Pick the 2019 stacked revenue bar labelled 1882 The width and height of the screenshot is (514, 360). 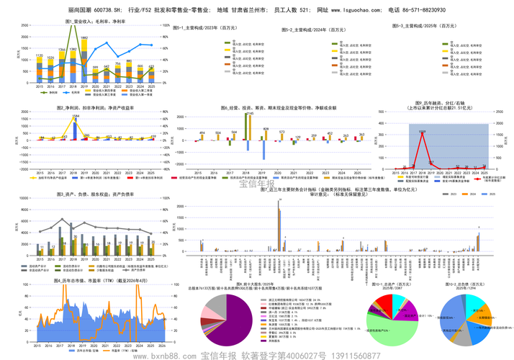coord(84,61)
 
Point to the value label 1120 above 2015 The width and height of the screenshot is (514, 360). coord(40,55)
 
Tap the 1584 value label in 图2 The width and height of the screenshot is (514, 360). coord(76,116)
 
